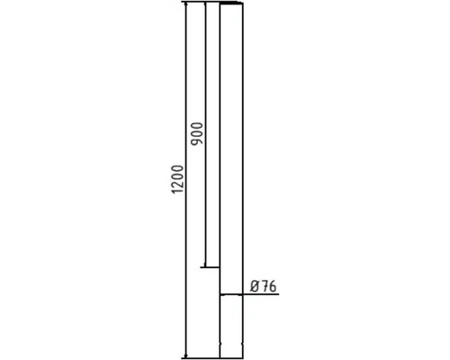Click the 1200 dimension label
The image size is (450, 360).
tap(177, 179)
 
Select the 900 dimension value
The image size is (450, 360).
tap(197, 133)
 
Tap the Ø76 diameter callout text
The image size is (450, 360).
tap(263, 286)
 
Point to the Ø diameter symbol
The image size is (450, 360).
tap(255, 286)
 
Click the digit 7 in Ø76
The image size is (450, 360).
tap(265, 286)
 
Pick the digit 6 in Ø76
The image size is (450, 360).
tap(273, 286)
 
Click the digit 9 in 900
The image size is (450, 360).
tap(197, 141)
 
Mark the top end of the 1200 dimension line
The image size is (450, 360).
tap(186, 3)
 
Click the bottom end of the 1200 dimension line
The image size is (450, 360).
tap(186, 357)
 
